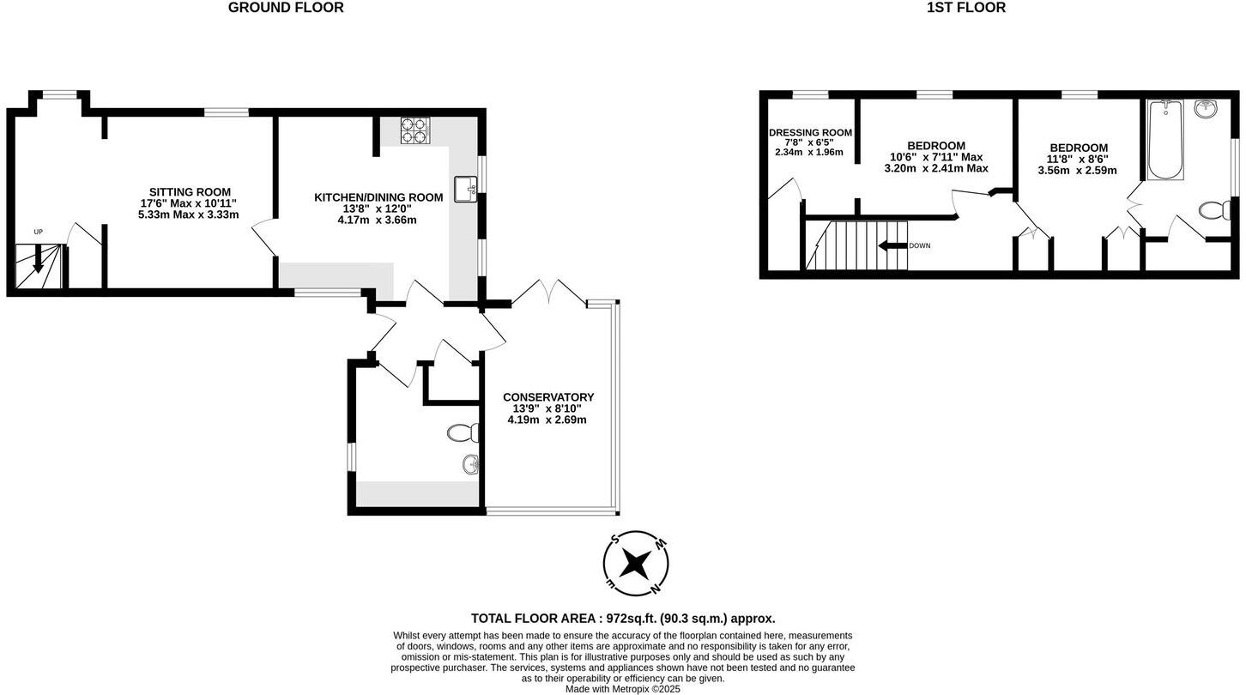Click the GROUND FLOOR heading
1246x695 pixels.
286,8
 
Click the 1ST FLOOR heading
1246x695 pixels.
965,8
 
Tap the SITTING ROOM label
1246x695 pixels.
190,192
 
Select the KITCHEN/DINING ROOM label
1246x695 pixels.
378,197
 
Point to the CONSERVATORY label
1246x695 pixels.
548,397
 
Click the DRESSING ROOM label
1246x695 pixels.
810,132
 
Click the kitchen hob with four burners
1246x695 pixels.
414,130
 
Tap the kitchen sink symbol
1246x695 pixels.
465,189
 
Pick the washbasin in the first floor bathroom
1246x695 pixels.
1206,108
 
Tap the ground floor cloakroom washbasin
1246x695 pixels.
470,465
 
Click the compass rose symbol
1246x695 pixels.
636,564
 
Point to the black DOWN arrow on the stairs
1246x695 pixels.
892,245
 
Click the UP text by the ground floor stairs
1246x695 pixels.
38,232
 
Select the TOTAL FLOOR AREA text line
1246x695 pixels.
622,619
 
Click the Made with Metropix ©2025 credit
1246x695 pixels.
622,689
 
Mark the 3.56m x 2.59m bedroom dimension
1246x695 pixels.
1077,171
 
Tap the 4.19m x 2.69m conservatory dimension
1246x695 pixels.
547,420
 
